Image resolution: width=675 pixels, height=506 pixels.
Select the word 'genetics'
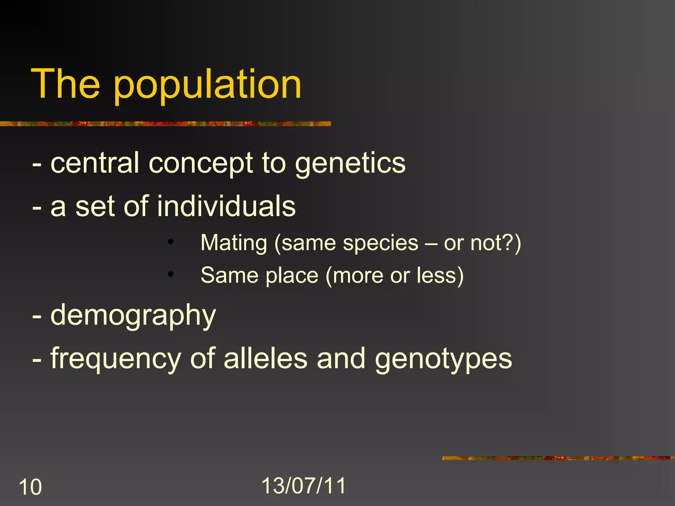350,164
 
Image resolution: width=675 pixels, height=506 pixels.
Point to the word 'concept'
201,164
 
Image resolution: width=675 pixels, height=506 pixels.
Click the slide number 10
30,487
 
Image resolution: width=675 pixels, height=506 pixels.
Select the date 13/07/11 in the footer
304,486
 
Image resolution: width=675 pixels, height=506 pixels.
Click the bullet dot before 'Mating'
170,242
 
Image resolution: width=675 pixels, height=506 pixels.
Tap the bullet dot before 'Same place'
170,274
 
